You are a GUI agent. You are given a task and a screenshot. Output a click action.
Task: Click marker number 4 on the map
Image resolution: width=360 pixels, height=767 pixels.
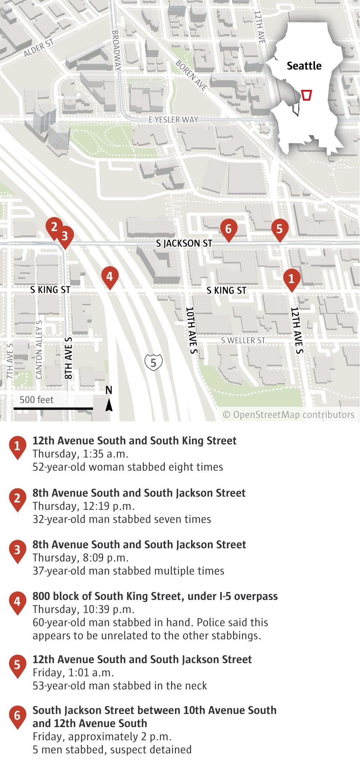[110, 276]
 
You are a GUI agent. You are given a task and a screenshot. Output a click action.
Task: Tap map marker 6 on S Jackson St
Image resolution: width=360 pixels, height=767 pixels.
[228, 229]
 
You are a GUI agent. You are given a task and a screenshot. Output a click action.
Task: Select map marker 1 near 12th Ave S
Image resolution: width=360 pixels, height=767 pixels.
[291, 279]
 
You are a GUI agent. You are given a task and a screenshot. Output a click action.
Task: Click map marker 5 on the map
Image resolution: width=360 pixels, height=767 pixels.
[280, 229]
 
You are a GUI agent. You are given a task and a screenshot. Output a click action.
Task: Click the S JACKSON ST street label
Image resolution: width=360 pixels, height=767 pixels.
[184, 244]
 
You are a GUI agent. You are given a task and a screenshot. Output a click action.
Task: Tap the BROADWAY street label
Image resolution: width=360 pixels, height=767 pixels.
[117, 50]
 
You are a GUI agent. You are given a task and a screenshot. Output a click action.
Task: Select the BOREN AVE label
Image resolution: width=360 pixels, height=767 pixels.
[191, 75]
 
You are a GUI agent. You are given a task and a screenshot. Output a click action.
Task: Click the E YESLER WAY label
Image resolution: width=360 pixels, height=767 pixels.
[174, 120]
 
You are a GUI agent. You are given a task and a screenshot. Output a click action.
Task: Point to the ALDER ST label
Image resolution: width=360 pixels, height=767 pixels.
[39, 48]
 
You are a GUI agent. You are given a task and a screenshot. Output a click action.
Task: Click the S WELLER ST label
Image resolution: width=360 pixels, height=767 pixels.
[243, 340]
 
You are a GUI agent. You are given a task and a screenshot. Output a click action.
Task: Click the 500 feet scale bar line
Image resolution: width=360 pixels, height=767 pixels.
[53, 408]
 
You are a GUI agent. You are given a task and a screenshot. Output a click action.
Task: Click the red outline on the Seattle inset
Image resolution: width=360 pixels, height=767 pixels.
[306, 95]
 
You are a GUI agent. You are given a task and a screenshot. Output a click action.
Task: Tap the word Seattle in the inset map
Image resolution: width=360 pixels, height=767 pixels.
[304, 66]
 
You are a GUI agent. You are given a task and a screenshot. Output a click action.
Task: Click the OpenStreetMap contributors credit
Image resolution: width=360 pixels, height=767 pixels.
[289, 415]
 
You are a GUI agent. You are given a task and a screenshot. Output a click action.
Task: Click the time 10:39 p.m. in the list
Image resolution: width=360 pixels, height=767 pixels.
[109, 610]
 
